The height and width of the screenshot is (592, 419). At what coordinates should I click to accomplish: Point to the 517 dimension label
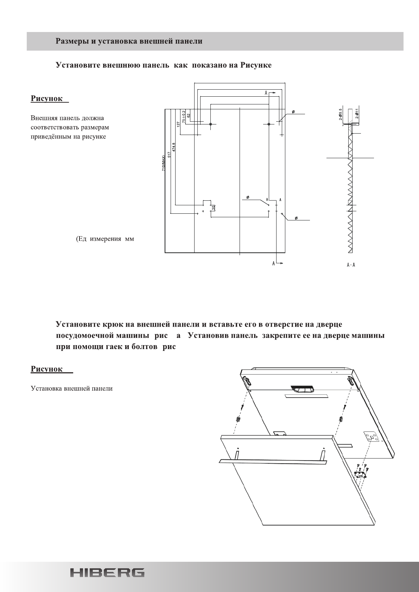click(x=169, y=155)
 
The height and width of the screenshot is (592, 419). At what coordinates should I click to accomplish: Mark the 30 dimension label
click(x=213, y=207)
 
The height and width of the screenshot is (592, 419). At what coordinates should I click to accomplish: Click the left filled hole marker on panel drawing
click(x=210, y=124)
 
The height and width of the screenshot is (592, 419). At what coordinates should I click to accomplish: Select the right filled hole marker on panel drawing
click(x=269, y=124)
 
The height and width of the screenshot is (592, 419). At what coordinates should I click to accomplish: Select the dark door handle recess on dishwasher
click(x=302, y=389)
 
